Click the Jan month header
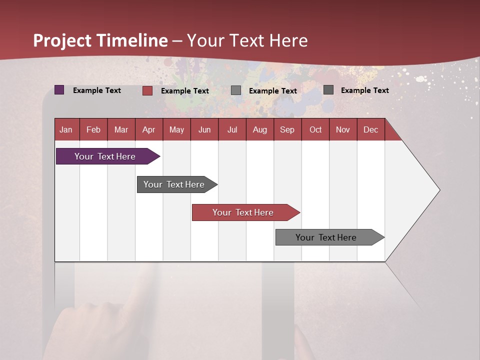click(66, 129)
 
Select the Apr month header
click(148, 129)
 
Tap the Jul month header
click(232, 129)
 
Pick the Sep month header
click(287, 129)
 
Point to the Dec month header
click(370, 129)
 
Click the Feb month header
click(93, 129)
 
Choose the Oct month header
click(315, 129)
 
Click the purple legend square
click(59, 90)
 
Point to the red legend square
click(147, 90)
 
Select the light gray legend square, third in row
click(236, 90)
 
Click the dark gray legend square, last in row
click(328, 90)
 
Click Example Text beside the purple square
click(97, 90)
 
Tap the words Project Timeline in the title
click(100, 40)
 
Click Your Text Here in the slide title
click(247, 40)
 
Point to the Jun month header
click(204, 129)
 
